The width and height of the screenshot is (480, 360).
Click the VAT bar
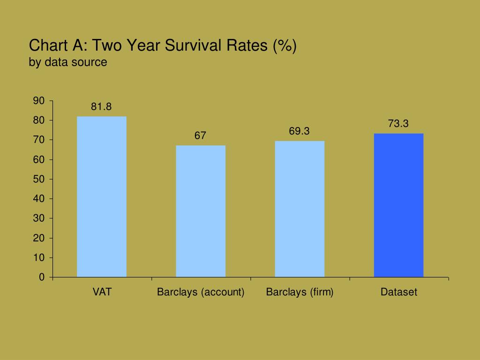coord(102,196)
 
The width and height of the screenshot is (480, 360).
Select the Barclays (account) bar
coord(201,211)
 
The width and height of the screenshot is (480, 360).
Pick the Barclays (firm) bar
coord(300,209)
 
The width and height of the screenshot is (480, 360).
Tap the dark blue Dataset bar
coord(398,205)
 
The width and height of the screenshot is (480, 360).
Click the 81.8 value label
coord(101,107)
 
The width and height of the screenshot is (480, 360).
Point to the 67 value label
coord(200,136)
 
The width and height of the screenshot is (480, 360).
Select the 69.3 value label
coord(299,131)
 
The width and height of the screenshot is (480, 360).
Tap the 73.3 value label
coord(398,124)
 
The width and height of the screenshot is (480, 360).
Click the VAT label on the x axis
coord(102,292)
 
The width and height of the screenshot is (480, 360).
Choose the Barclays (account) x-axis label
coord(201,292)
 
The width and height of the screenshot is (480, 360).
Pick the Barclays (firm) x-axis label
coord(300,292)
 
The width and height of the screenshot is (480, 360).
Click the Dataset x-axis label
coord(398,292)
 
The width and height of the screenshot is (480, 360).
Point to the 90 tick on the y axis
coord(39,101)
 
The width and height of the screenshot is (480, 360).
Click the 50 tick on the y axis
coord(39,179)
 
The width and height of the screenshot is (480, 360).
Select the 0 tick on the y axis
coord(42,277)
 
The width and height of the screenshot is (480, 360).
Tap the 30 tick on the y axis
coord(39,218)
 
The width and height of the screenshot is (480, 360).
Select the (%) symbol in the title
coord(285,46)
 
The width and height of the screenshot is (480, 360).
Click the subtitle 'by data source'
coord(68,62)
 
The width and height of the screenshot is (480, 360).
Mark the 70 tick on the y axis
coord(39,140)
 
